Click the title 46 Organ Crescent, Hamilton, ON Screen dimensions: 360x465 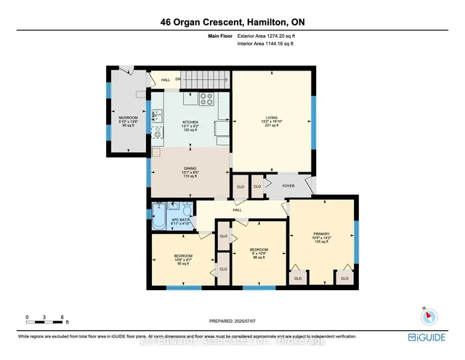click(x=232, y=22)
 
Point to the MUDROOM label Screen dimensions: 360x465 click(x=129, y=117)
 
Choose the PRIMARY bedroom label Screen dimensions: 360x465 click(x=322, y=233)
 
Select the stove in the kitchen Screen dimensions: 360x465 click(x=206, y=99)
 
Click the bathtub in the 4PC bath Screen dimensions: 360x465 click(x=158, y=219)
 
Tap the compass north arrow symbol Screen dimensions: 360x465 click(x=427, y=316)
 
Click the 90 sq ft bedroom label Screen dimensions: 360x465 click(x=183, y=264)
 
